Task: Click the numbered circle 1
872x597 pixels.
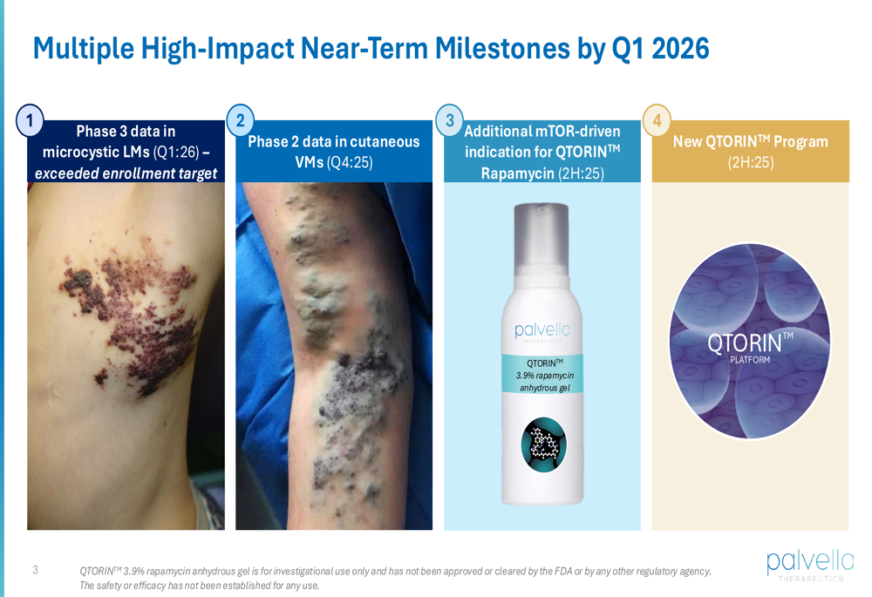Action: point(30,120)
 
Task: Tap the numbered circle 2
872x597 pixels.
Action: point(241,120)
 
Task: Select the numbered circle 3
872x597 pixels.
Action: point(449,120)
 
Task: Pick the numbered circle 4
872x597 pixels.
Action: point(657,120)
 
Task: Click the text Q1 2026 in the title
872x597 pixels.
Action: point(660,48)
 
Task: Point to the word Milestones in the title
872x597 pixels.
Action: point(502,48)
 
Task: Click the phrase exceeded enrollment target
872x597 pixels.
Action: point(126,173)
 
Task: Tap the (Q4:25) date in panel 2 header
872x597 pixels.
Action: point(350,162)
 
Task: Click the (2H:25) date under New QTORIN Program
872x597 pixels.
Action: point(751,162)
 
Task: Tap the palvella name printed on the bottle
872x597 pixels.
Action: point(542,330)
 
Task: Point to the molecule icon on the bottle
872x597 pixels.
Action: point(544,444)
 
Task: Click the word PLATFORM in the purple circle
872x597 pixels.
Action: point(750,360)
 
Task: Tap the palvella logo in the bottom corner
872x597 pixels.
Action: point(810,564)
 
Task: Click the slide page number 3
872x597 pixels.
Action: point(36,570)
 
